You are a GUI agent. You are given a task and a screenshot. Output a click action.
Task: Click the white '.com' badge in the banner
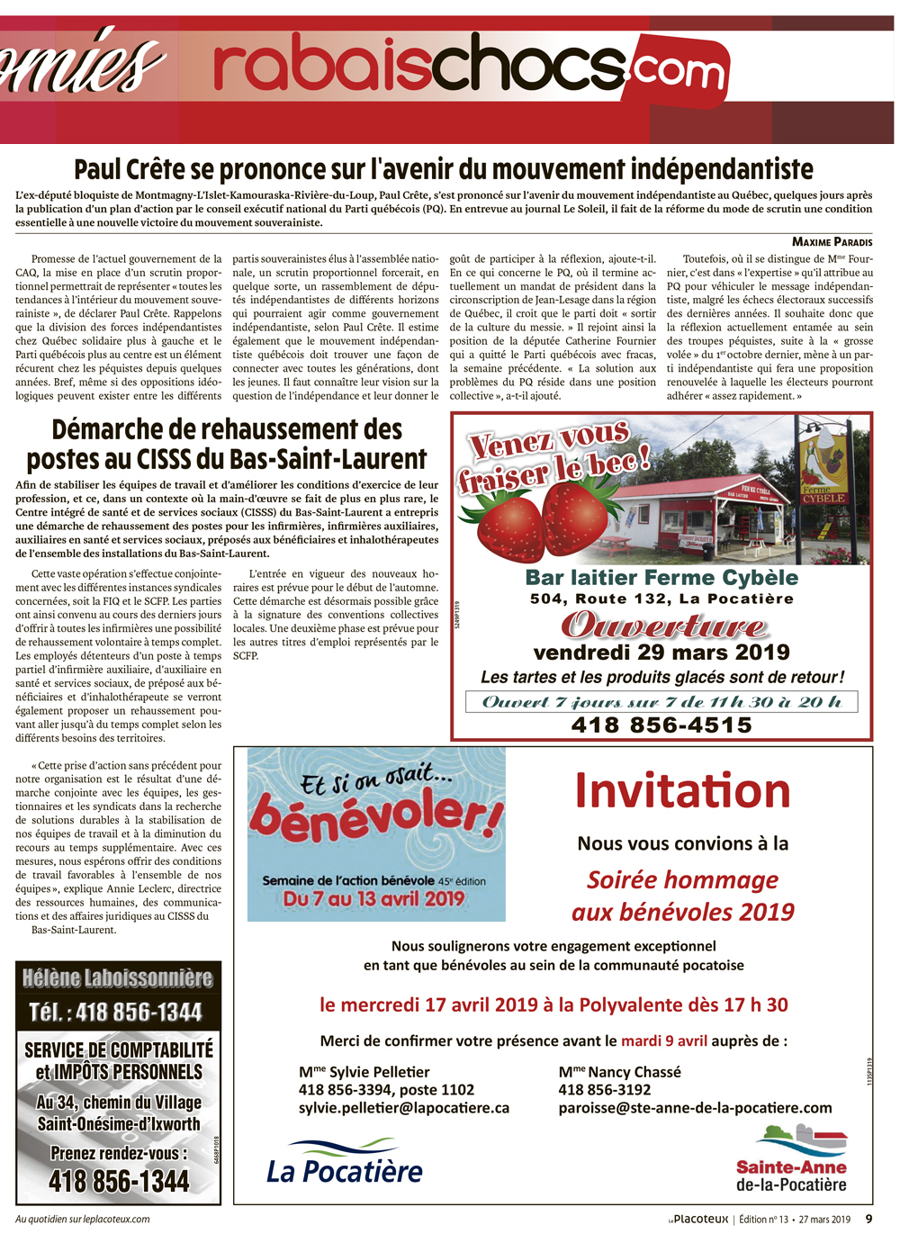pos(679,69)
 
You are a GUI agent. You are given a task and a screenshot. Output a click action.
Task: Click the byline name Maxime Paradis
pos(832,241)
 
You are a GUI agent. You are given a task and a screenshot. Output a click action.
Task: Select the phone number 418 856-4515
pos(661,725)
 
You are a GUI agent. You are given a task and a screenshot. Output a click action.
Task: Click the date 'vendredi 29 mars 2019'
pos(661,652)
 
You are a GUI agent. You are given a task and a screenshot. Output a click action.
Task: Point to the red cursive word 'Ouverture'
pos(664,626)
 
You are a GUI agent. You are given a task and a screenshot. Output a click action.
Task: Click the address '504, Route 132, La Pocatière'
pos(661,599)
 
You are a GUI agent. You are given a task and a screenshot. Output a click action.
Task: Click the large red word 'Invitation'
pos(682,791)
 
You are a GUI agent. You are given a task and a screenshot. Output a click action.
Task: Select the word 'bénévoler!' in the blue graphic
pos(376,815)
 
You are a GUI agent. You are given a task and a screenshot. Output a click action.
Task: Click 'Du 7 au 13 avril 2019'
pos(373,898)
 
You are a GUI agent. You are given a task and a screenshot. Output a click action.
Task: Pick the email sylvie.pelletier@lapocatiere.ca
pos(404,1108)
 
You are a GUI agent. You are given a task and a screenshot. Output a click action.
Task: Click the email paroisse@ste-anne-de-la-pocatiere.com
pos(695,1108)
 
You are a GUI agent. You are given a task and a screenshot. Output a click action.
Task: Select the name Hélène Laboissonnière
pos(118,978)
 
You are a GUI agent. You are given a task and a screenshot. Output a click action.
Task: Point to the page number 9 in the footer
pos(868,1220)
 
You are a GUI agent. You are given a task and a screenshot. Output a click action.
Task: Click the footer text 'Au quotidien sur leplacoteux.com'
pos(83,1220)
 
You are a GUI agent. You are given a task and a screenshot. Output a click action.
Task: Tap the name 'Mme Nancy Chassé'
pos(619,1072)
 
